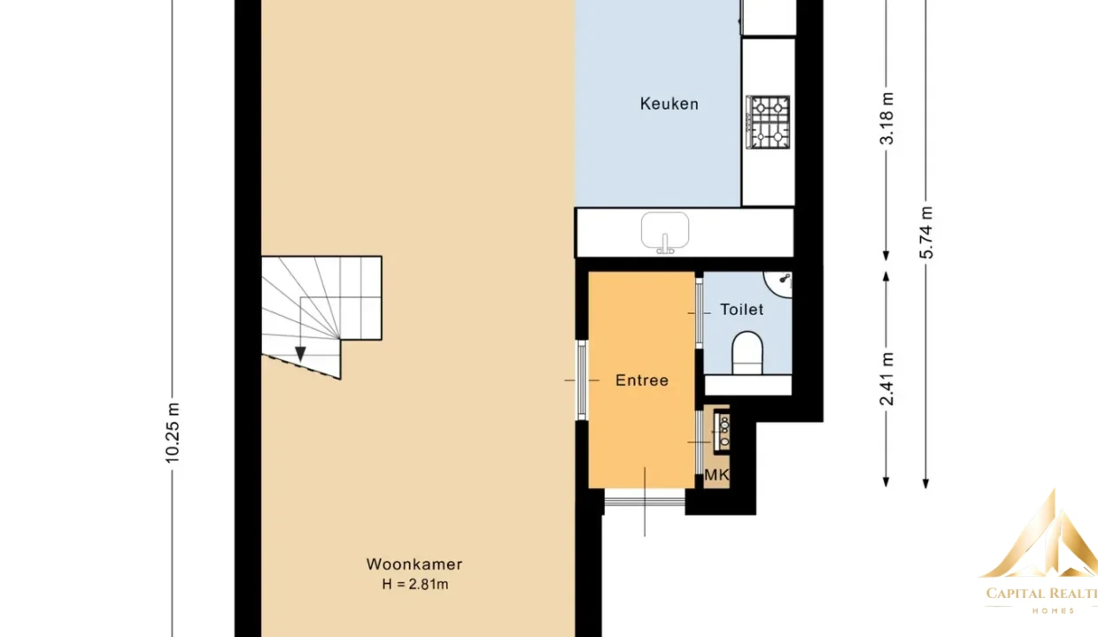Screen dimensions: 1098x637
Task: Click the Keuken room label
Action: (x=669, y=104)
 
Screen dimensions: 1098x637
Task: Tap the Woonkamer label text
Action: (x=414, y=564)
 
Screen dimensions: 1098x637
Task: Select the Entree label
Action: (x=642, y=380)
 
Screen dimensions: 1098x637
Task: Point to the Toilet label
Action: (x=742, y=310)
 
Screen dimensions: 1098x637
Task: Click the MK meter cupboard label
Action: (x=716, y=474)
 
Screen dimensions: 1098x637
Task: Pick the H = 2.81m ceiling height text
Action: (x=415, y=584)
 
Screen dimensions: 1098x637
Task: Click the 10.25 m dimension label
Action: (x=173, y=433)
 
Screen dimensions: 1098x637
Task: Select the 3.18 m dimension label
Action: (x=886, y=119)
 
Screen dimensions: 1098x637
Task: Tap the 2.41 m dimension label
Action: (x=886, y=379)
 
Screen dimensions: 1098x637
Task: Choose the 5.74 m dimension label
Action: (x=926, y=233)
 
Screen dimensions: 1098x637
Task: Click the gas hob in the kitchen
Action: (x=768, y=122)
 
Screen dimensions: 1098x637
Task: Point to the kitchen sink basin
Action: (x=665, y=231)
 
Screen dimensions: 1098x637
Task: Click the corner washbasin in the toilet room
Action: (x=778, y=284)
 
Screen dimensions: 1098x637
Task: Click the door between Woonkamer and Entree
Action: (x=582, y=380)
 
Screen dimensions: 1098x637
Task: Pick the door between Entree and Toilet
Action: (x=699, y=313)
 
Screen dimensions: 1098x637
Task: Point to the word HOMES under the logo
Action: (x=1054, y=610)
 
